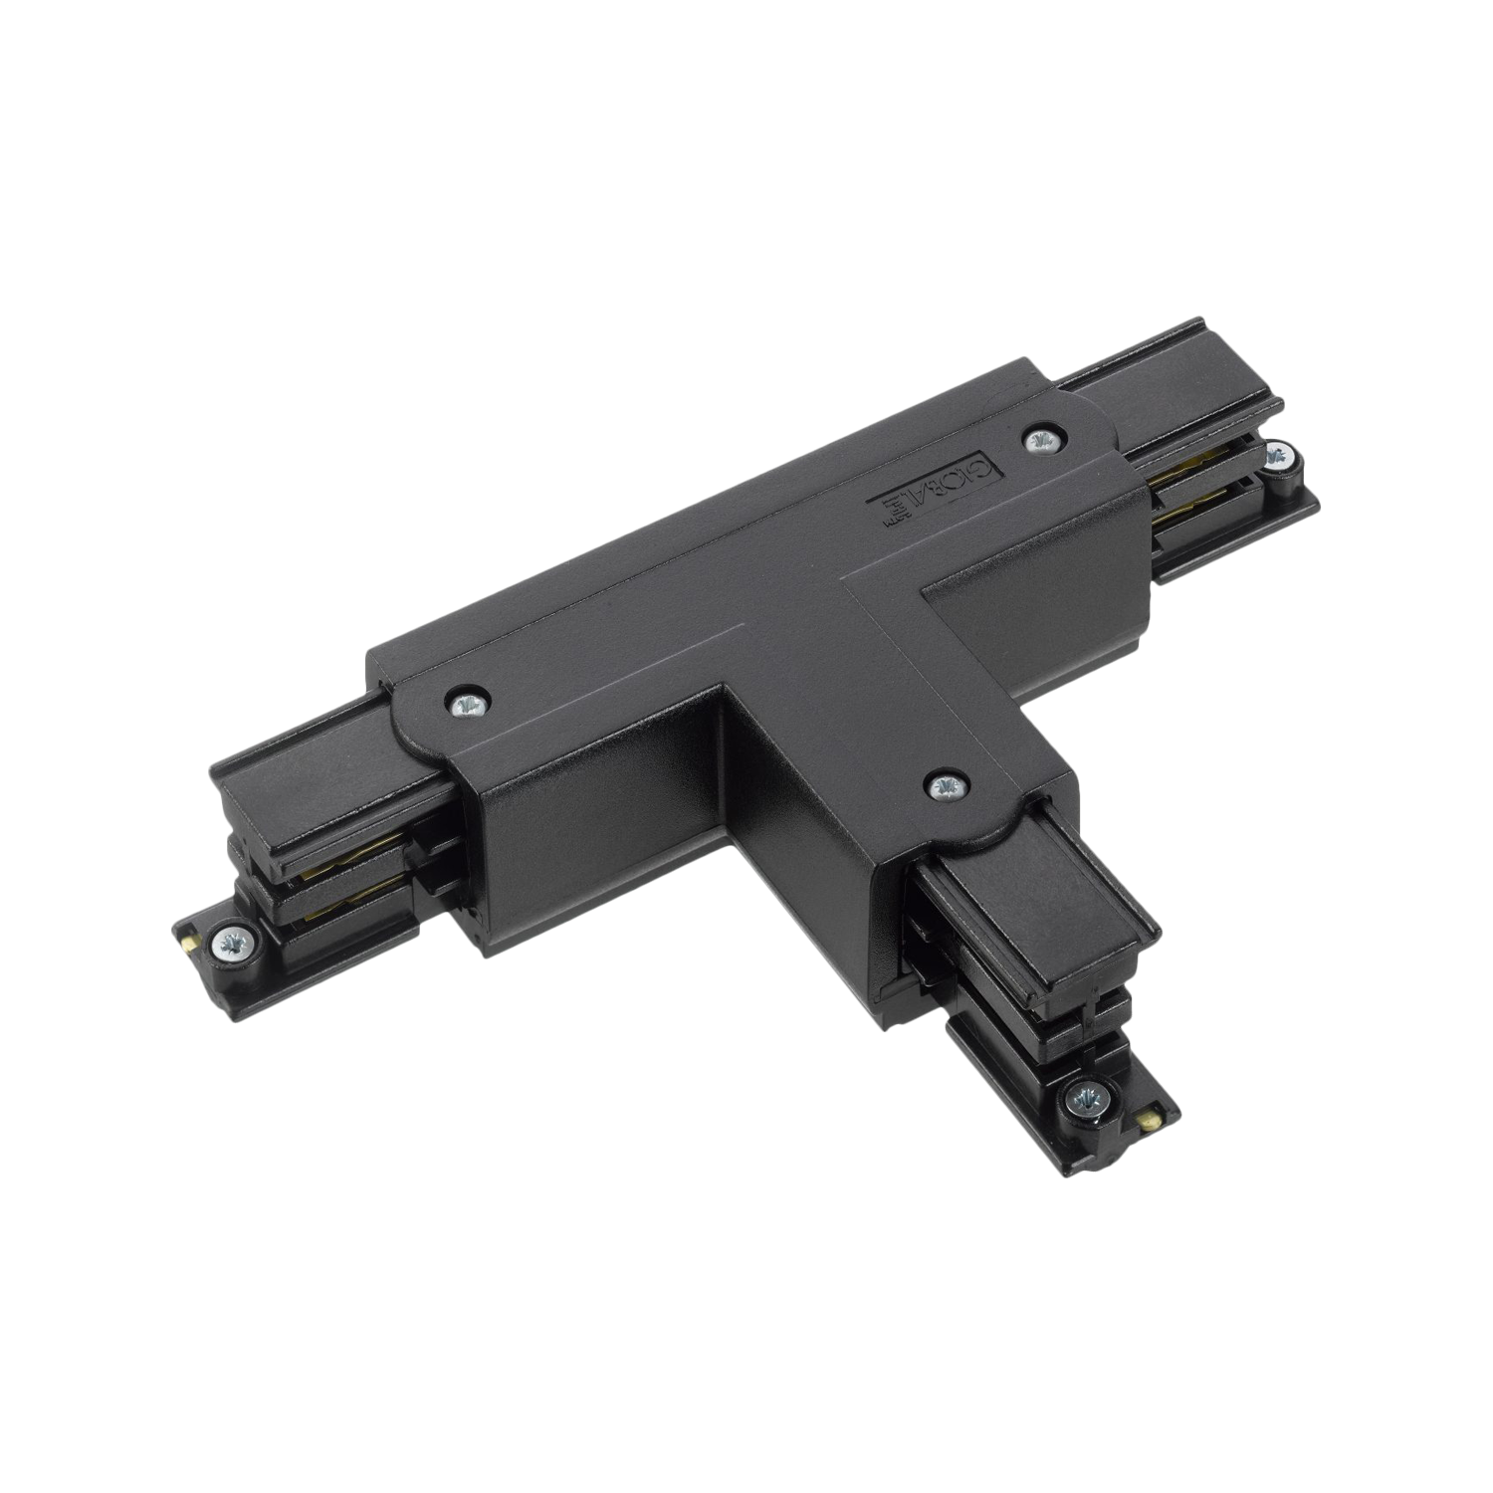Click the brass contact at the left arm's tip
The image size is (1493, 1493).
tap(189, 938)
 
